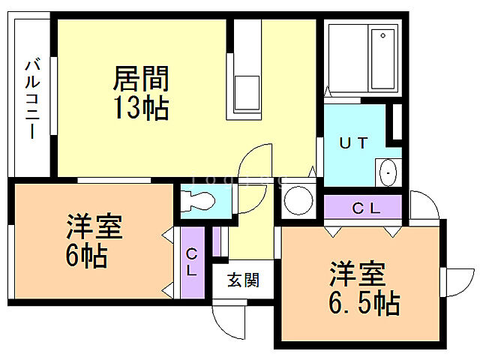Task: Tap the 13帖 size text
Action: point(140,109)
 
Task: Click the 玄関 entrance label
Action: point(243,281)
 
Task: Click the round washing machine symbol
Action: point(298,200)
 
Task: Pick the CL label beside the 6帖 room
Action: point(192,262)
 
